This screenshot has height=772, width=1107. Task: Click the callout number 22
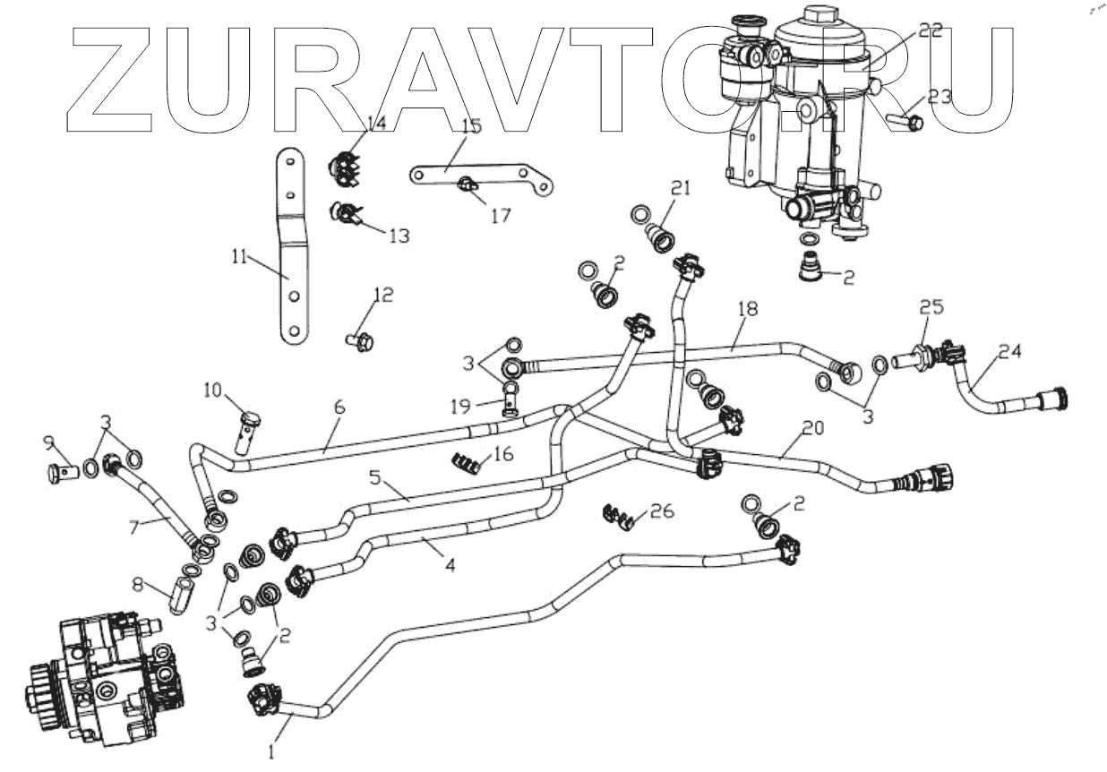pyautogui.click(x=931, y=30)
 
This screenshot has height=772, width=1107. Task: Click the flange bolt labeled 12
pyautogui.click(x=360, y=340)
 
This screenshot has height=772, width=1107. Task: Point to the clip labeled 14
pyautogui.click(x=345, y=169)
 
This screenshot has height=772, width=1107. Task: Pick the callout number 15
pyautogui.click(x=472, y=126)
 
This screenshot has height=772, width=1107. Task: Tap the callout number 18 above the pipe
pyautogui.click(x=748, y=309)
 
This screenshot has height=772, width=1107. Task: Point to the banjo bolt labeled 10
pyautogui.click(x=251, y=429)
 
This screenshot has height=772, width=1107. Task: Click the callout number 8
pyautogui.click(x=138, y=584)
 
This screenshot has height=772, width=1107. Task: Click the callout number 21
pyautogui.click(x=682, y=188)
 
